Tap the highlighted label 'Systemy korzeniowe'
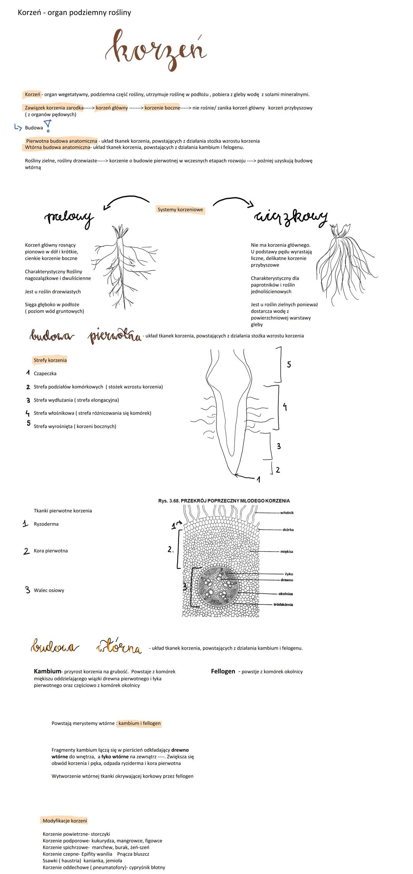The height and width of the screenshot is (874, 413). (x=180, y=210)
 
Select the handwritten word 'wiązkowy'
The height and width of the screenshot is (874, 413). (x=291, y=217)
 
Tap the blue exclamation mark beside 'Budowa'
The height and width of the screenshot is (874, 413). (x=48, y=125)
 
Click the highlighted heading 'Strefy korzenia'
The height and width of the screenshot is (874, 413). (x=50, y=360)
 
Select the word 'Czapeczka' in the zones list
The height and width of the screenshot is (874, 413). (x=45, y=374)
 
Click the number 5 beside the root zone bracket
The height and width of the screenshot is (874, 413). (x=289, y=364)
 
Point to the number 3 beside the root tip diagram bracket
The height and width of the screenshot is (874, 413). (x=279, y=446)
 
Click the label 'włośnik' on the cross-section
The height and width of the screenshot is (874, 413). (x=287, y=513)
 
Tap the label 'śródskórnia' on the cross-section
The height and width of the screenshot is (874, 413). (x=283, y=604)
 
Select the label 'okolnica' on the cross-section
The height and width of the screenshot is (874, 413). (x=285, y=594)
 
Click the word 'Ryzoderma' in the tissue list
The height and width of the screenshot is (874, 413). (x=46, y=524)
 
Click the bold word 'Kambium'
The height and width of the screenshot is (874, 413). (x=47, y=671)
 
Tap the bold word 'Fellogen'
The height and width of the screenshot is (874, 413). (x=223, y=671)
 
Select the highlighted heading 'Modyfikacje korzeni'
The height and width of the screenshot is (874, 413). (x=65, y=820)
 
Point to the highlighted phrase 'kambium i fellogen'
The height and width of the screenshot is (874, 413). (x=140, y=723)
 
